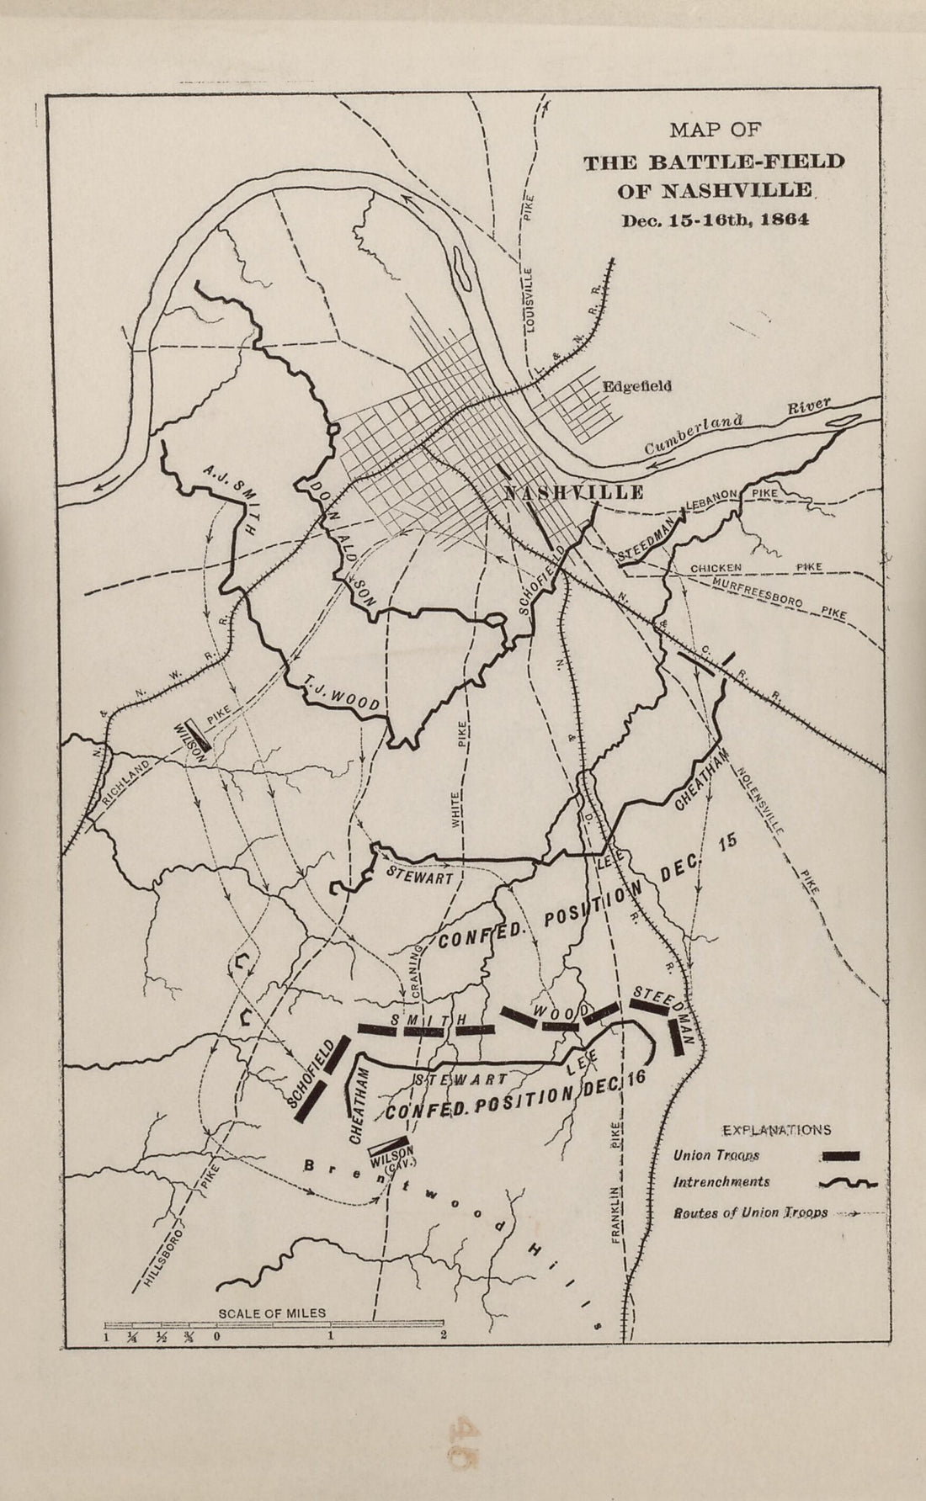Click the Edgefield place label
tap(636, 387)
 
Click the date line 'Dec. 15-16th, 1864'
tap(715, 221)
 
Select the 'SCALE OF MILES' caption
tap(272, 1313)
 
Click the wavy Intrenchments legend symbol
tap(847, 1183)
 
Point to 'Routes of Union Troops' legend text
tap(750, 1213)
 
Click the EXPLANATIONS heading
tap(776, 1130)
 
